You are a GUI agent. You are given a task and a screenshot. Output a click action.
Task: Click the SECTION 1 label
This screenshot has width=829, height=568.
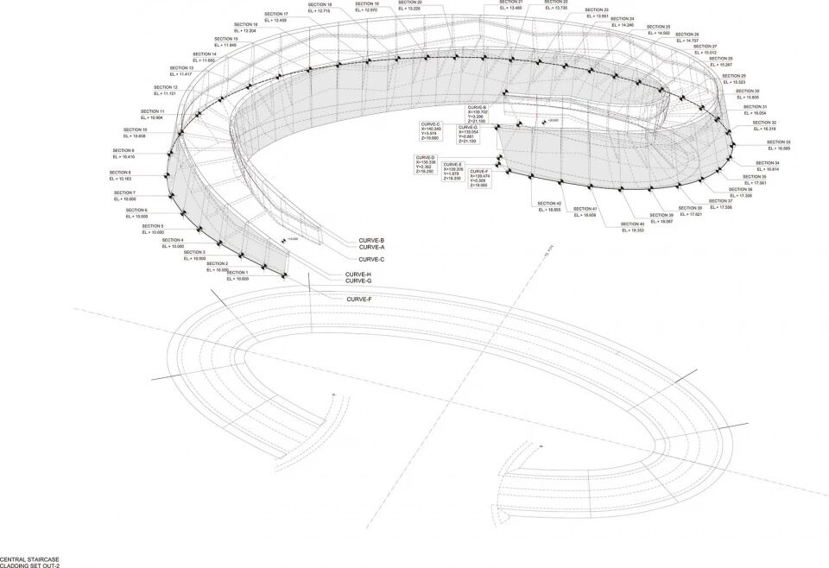point(237,272)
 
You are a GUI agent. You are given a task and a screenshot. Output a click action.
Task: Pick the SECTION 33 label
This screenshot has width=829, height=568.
point(753,142)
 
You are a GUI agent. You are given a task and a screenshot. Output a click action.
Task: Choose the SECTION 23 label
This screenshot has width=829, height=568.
point(596,9)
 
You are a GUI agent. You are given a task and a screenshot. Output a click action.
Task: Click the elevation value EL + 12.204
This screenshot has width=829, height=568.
point(244,31)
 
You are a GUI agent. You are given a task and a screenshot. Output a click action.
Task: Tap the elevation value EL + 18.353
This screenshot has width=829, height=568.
point(636,230)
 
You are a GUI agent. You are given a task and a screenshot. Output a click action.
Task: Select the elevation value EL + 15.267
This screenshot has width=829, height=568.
point(721,65)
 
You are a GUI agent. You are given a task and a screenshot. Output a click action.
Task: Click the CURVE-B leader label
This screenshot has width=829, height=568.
point(371,240)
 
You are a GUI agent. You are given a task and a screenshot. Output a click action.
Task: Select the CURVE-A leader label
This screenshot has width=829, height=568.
point(371,247)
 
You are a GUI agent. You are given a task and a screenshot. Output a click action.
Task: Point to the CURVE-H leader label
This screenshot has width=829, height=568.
point(358,274)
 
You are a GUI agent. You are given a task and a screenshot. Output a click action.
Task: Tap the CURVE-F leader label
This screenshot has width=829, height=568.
point(358,299)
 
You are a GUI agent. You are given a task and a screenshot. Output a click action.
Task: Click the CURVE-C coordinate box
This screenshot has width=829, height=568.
point(430,131)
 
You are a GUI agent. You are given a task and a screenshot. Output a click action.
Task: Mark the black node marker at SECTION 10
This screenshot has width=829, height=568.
point(180,133)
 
